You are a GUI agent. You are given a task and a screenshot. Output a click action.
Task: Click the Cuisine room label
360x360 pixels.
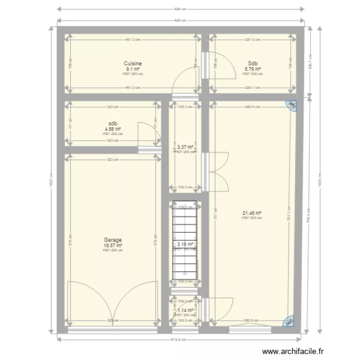[x=133, y=63]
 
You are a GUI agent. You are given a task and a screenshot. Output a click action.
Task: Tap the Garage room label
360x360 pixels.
[x=113, y=240]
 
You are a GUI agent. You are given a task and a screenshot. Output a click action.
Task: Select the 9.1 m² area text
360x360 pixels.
[x=133, y=69]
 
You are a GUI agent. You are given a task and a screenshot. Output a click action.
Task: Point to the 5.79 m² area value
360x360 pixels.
[x=252, y=69]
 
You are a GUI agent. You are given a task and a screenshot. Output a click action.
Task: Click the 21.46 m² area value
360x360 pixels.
[x=252, y=213]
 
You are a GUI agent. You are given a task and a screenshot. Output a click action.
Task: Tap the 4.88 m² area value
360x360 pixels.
[x=113, y=129]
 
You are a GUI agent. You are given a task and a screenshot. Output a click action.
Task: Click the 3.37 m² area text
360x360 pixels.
[x=185, y=147]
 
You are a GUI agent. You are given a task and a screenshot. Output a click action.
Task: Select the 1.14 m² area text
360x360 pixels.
[x=185, y=311]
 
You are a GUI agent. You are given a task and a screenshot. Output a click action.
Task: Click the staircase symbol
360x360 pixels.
[x=185, y=242]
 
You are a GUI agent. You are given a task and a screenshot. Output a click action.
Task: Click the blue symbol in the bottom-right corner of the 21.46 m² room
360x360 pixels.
[x=290, y=321]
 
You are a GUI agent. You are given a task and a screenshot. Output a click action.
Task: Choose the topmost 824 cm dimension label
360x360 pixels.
[x=180, y=9]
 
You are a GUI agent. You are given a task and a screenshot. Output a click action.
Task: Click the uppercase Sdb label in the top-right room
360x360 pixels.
[x=252, y=63]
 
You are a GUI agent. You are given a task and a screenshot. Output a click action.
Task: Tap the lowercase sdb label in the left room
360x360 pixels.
[x=113, y=123]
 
